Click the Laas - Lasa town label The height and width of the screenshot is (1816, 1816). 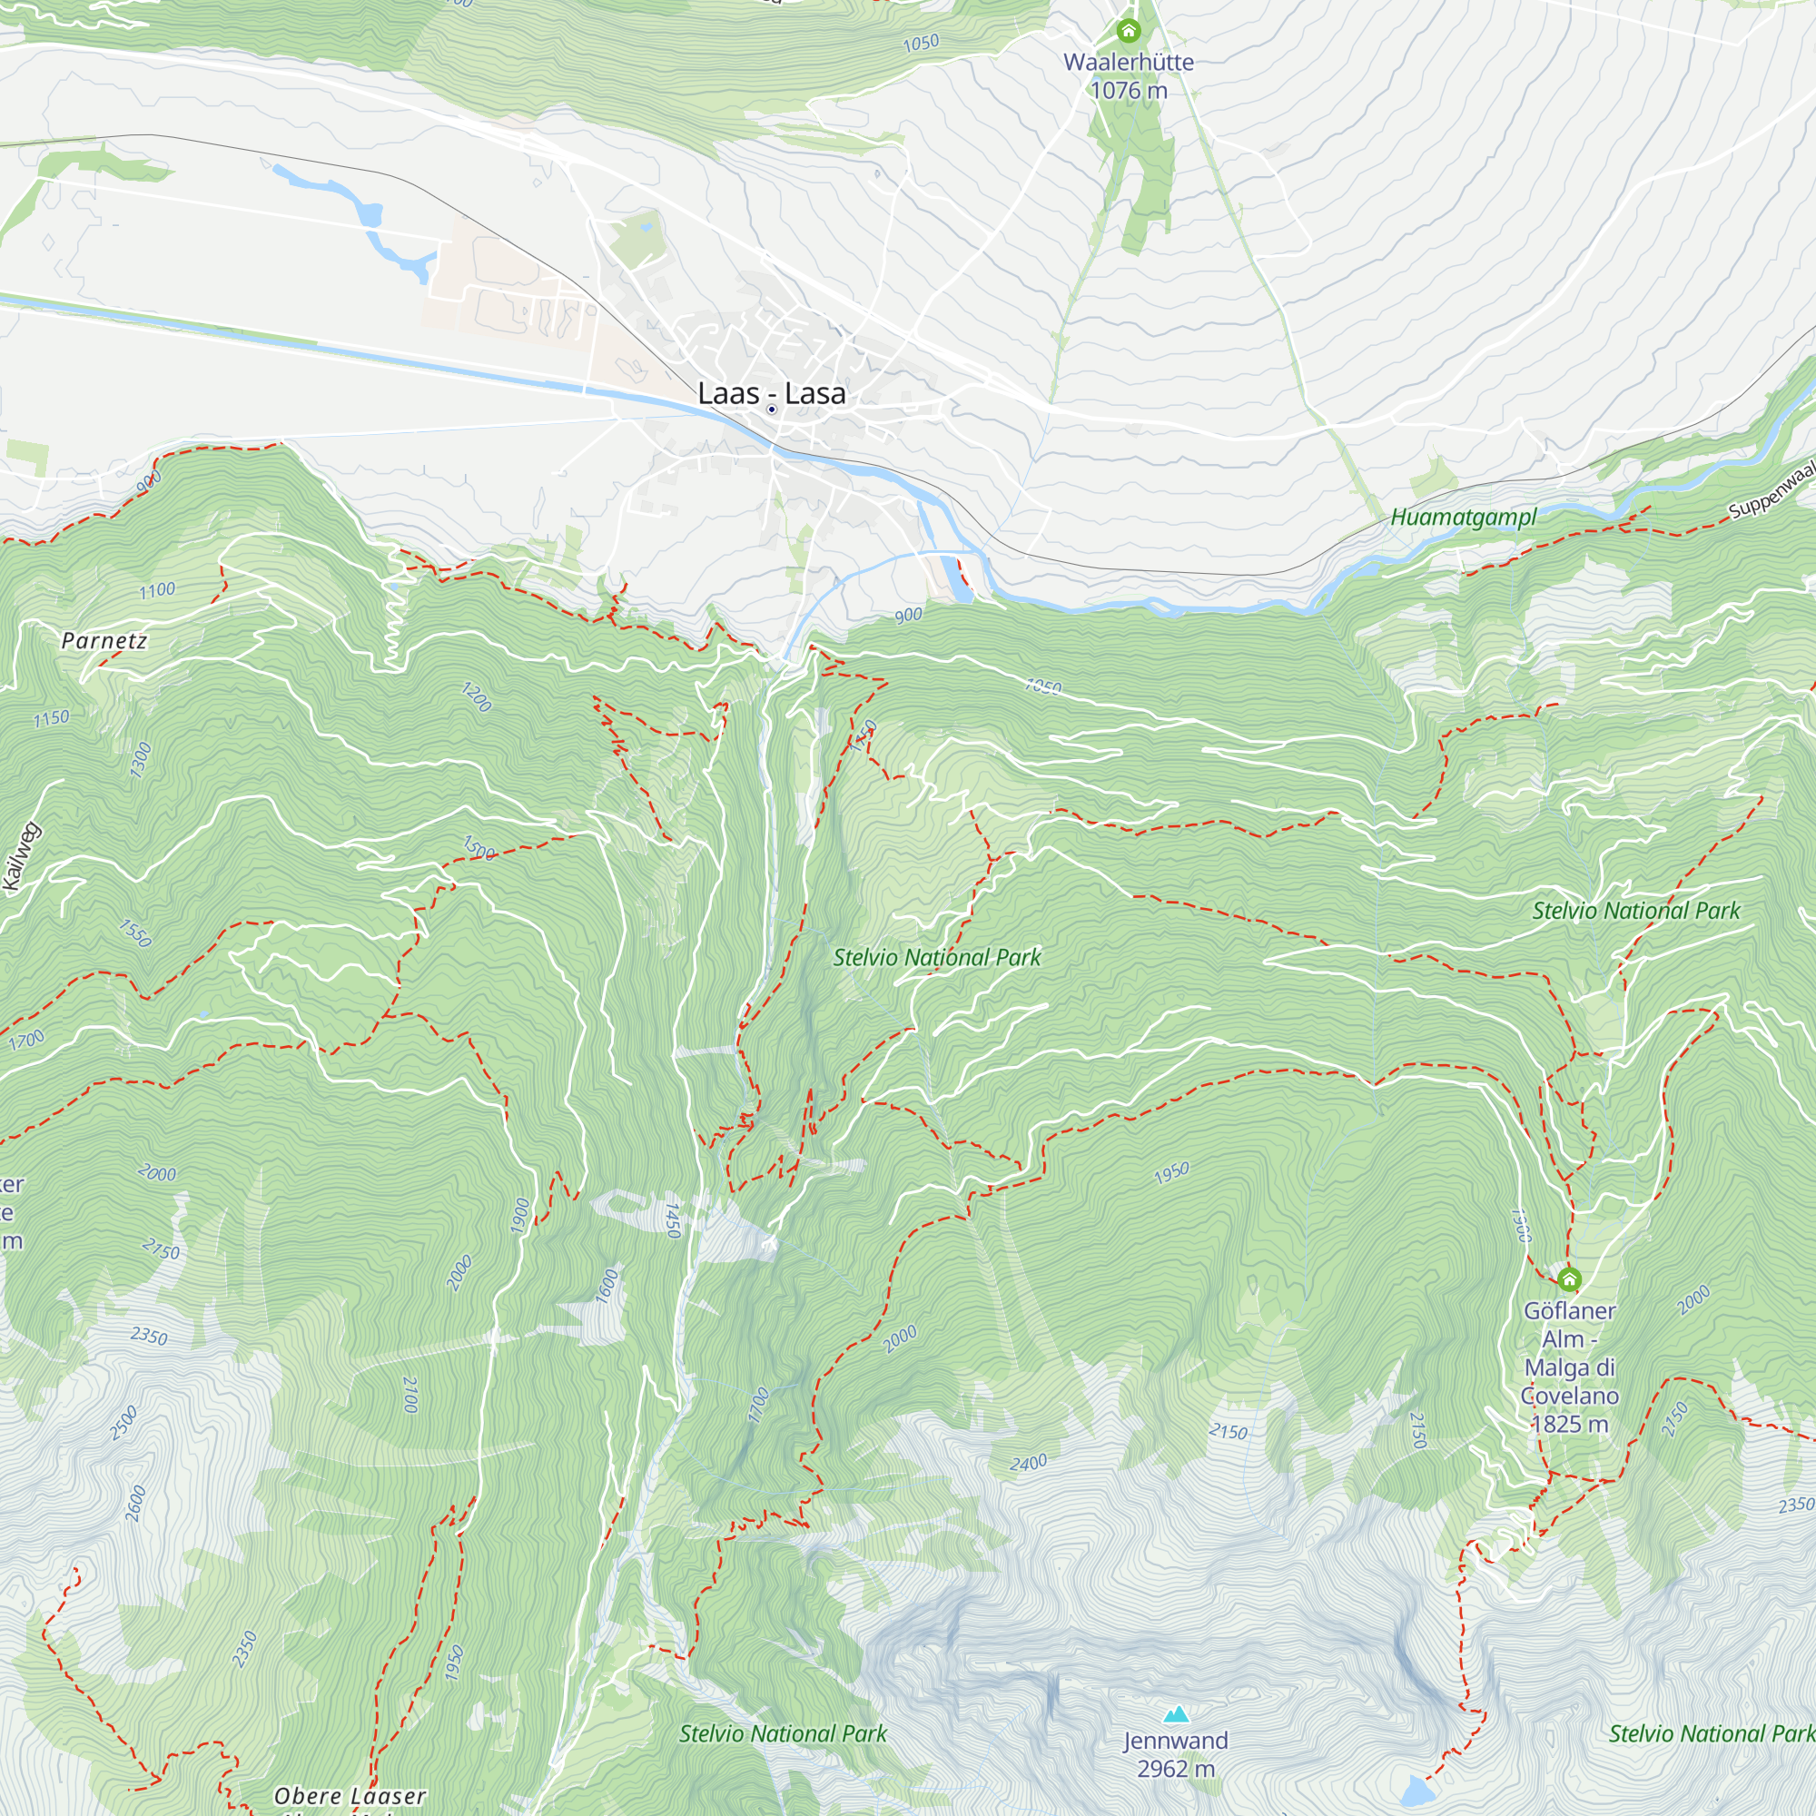[771, 393]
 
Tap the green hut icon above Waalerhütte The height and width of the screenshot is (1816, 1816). [1128, 31]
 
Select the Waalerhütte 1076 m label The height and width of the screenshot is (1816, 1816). [1128, 76]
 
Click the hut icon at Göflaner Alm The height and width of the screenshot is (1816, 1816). [1569, 1279]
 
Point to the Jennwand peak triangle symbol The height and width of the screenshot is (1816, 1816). [1176, 1714]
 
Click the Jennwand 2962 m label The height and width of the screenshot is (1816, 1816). [1176, 1754]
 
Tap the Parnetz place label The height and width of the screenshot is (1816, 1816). [104, 641]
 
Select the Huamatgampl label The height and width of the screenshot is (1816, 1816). [1464, 517]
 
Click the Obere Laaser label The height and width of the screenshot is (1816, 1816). [350, 1796]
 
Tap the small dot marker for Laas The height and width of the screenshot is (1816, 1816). [772, 410]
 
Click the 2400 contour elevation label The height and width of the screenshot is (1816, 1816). [1029, 1463]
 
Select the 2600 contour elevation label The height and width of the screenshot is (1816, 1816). [135, 1503]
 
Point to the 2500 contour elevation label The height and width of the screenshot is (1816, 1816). [124, 1423]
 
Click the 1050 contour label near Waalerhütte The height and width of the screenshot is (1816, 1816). [920, 44]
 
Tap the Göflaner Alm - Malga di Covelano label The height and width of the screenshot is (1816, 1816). [1569, 1367]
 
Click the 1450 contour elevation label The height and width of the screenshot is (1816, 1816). [671, 1220]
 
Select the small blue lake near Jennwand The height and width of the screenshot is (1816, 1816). [1415, 1791]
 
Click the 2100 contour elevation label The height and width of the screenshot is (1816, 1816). [410, 1395]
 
